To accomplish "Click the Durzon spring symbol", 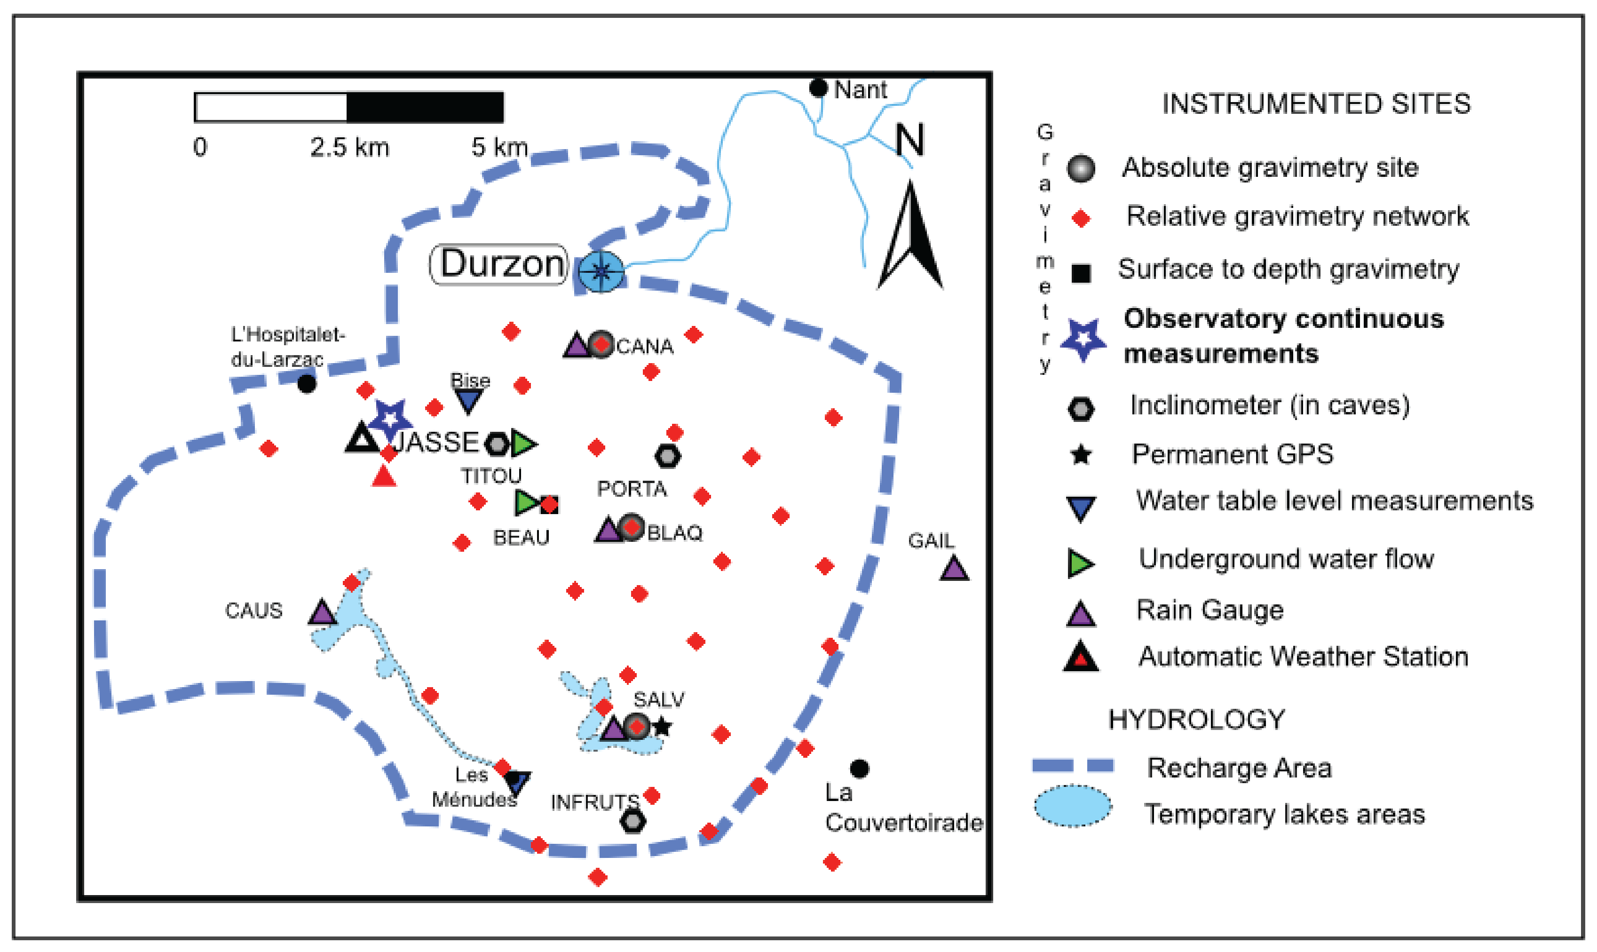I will [x=601, y=271].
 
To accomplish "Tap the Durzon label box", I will [x=498, y=264].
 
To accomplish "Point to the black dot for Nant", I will [x=818, y=88].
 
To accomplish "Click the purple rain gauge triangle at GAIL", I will [x=954, y=569].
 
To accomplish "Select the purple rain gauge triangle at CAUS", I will [x=322, y=613].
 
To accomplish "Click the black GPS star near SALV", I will [x=662, y=727].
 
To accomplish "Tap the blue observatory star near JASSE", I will [x=390, y=418].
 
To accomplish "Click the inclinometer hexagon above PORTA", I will [x=668, y=456].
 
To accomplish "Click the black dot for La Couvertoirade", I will [x=860, y=769].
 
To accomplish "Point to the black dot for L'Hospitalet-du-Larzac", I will [x=307, y=384].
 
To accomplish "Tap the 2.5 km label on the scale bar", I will [x=349, y=148].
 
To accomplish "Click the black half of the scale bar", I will [x=425, y=107].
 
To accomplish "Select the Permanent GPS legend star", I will [x=1081, y=455].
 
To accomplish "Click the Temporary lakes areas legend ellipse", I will [x=1072, y=806].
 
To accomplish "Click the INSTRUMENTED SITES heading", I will [x=1316, y=104].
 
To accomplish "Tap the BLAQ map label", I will [x=675, y=533].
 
